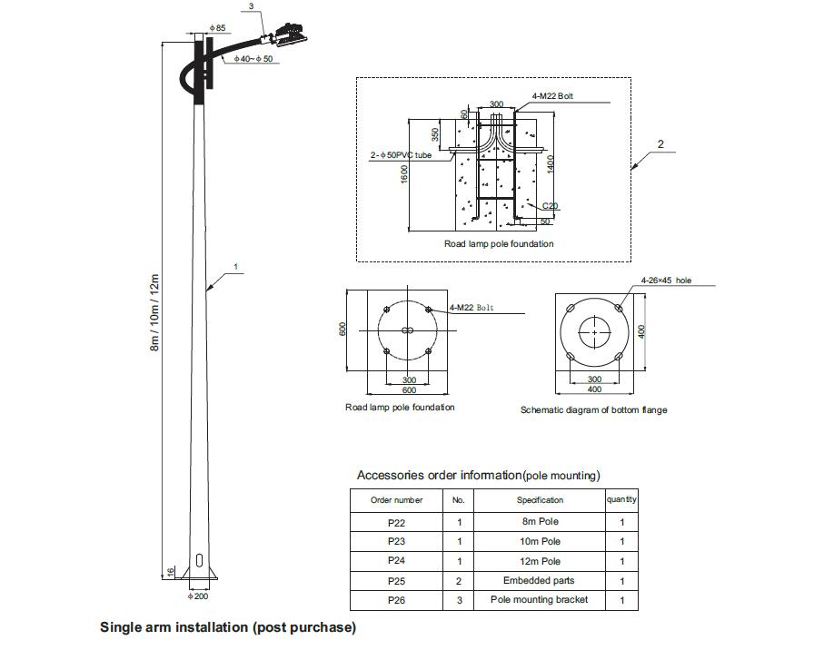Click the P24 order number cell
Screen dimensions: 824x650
pos(396,561)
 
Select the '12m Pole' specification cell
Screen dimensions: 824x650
pos(540,561)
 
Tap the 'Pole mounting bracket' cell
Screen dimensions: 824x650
pos(540,599)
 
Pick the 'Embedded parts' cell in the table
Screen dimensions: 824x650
pos(540,581)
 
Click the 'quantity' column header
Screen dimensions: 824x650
pos(621,499)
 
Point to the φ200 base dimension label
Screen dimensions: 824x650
pos(198,596)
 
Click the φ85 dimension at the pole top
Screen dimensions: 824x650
pos(217,28)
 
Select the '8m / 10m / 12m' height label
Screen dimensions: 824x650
pos(154,312)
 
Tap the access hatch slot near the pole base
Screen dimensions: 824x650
pos(199,560)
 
